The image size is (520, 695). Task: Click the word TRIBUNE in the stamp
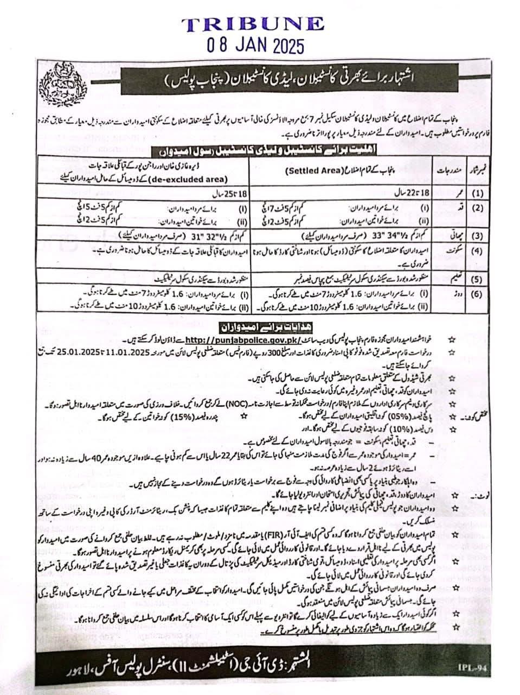[x=253, y=24]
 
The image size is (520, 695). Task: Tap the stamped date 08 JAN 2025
[x=253, y=45]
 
